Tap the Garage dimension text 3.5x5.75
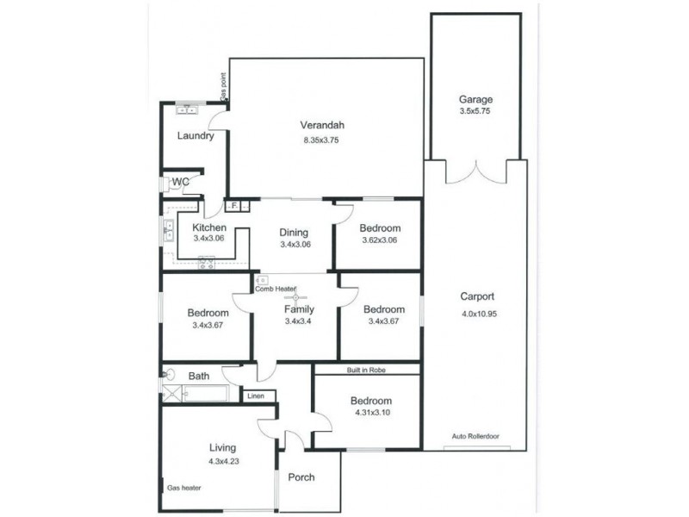(475, 112)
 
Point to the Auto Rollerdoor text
(475, 437)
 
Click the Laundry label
(195, 136)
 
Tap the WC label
(181, 182)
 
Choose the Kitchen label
(209, 227)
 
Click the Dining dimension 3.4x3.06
(295, 245)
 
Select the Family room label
(299, 309)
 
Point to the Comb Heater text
(276, 290)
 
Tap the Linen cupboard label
(256, 396)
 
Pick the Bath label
(199, 377)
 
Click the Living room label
(222, 448)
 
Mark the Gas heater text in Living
(183, 488)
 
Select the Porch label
(301, 477)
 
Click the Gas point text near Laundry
(223, 86)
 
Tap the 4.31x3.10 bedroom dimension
(370, 414)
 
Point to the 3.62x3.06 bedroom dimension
(379, 240)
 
